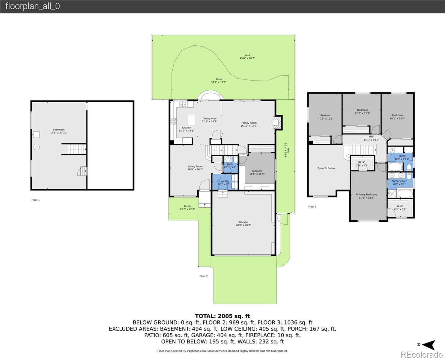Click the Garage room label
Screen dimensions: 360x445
(243, 222)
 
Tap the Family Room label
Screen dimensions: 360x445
(249, 123)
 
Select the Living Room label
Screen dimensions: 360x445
(195, 166)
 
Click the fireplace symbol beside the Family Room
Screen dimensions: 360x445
(277, 122)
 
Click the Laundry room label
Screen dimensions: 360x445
(224, 181)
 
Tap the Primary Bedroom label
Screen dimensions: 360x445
(366, 194)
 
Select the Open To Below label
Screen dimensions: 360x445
(326, 168)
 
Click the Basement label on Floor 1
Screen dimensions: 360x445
(58, 130)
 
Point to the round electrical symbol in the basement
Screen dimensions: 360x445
(36, 147)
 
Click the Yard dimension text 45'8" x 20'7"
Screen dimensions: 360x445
(247, 58)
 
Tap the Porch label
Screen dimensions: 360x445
(187, 206)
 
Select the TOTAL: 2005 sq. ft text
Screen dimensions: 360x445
(222, 316)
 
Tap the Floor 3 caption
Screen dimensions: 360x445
(312, 206)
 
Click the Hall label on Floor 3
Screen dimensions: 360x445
(371, 136)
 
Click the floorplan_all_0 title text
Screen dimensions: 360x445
(32, 6)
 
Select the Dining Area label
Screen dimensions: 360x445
(209, 118)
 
